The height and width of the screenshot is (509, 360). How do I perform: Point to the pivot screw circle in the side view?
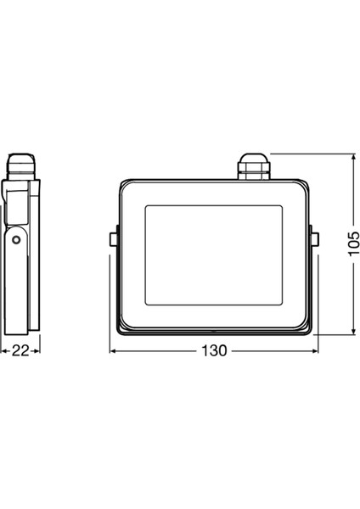point(16,240)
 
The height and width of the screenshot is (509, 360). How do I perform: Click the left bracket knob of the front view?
point(113,240)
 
